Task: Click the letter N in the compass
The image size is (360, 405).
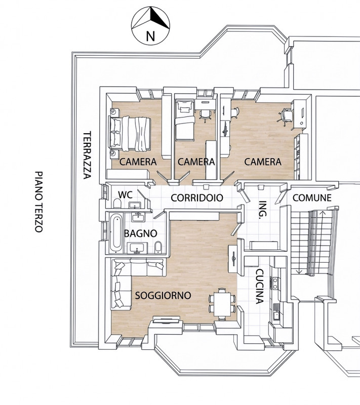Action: pyautogui.click(x=150, y=36)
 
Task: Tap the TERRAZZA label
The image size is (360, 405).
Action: pyautogui.click(x=87, y=155)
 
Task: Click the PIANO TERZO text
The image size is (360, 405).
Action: pyautogui.click(x=38, y=201)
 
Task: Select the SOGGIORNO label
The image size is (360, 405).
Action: pyautogui.click(x=163, y=295)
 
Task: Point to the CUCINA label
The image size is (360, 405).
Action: pyautogui.click(x=259, y=287)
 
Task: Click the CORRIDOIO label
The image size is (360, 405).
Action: pyautogui.click(x=197, y=198)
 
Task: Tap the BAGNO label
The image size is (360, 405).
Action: pyautogui.click(x=140, y=233)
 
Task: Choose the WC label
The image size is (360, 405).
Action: pyautogui.click(x=125, y=194)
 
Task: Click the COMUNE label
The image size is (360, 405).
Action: pyautogui.click(x=312, y=198)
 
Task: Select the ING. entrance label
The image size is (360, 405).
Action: pyautogui.click(x=263, y=210)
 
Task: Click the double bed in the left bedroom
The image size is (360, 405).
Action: pyautogui.click(x=130, y=134)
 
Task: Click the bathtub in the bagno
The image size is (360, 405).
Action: pyautogui.click(x=116, y=233)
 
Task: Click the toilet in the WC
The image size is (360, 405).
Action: pyautogui.click(x=117, y=204)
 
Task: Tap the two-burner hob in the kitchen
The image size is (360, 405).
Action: pyautogui.click(x=275, y=283)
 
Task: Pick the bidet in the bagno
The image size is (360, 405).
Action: pyautogui.click(x=158, y=247)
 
